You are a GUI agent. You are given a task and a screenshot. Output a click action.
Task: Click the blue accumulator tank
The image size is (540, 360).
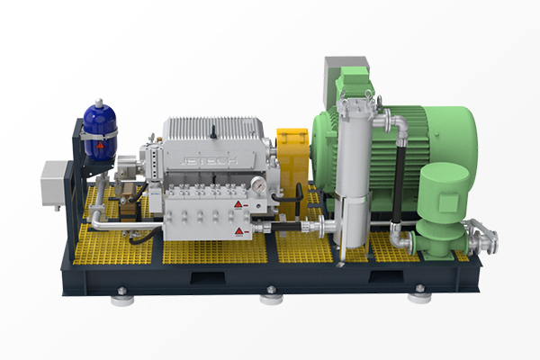[100, 132]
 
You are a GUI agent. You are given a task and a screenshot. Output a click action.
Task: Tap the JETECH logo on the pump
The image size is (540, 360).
[209, 161]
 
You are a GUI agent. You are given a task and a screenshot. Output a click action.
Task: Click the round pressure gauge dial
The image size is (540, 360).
[258, 185]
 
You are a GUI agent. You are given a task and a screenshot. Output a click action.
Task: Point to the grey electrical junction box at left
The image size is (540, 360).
[54, 184]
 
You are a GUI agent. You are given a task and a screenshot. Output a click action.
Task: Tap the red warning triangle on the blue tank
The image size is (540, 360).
[100, 145]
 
